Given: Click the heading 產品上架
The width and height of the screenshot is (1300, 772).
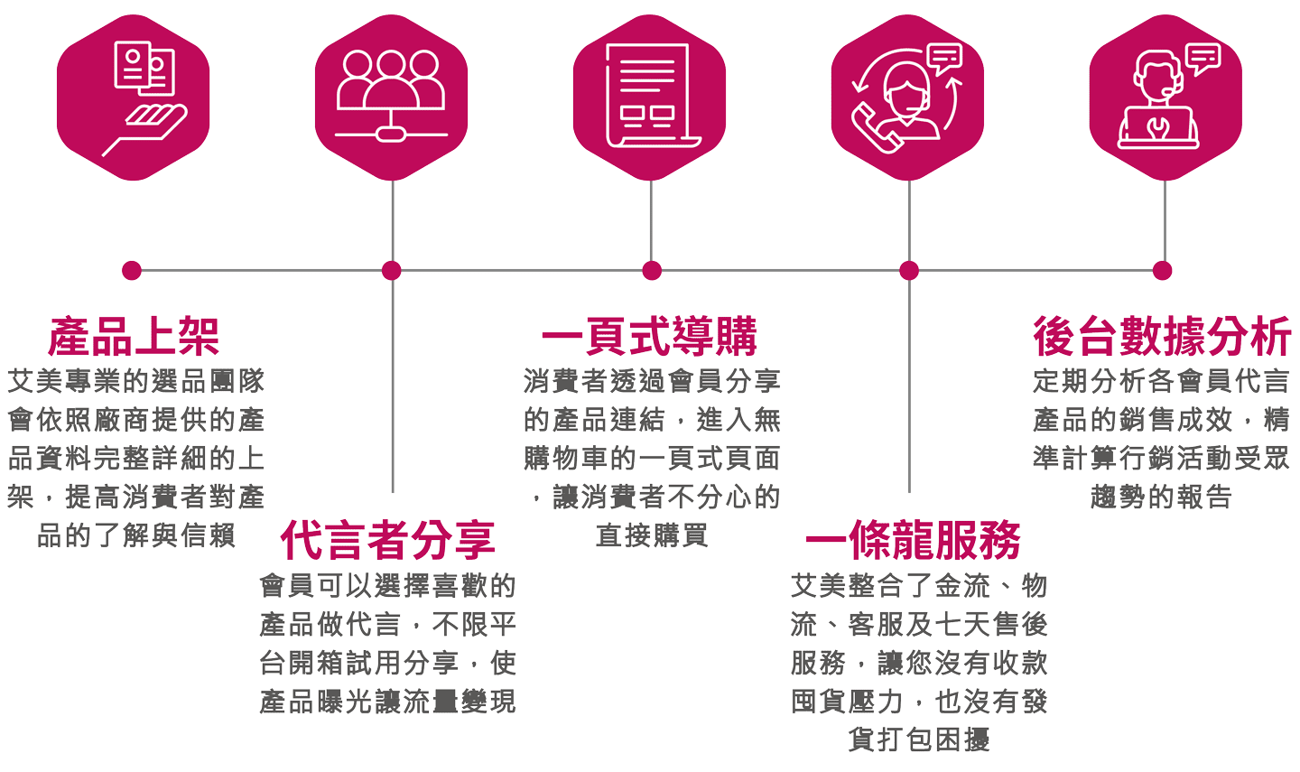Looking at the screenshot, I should pos(134,337).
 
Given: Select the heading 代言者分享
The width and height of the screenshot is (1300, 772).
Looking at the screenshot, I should pos(388,540).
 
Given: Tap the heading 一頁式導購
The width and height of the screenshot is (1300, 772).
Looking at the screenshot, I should pos(650,337).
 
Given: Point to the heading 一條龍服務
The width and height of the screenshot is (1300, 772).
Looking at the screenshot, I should pos(913,540).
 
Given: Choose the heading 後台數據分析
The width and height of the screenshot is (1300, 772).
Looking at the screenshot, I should pos(1162,337).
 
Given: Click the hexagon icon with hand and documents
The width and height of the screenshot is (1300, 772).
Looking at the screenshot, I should pos(133,98).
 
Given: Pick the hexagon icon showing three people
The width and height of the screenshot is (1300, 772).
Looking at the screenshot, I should pos(391,98).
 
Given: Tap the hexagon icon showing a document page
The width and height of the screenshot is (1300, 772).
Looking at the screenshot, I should pos(649,98).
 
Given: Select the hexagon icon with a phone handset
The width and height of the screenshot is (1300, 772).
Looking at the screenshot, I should pos(907,98).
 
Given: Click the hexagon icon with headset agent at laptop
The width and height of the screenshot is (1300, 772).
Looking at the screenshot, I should pos(1165,98).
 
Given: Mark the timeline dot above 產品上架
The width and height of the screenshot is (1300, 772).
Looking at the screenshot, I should pos(132,270).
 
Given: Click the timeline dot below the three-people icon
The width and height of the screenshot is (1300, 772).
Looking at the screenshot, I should pos(391,270).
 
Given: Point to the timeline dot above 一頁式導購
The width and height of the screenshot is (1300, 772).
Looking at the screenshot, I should pos(652,270).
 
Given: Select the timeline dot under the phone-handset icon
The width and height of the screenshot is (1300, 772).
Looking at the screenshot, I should pos(909,270).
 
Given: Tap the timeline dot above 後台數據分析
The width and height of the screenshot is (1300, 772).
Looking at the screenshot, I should pos(1163,270).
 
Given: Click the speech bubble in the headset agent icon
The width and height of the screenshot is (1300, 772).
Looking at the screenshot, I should pos(1204,58).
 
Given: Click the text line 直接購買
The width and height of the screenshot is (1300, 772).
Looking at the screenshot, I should pos(652,535).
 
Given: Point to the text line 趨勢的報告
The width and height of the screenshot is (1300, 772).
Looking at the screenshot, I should pos(1162,497).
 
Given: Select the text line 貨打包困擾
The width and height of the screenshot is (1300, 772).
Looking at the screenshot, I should pos(919,739).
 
